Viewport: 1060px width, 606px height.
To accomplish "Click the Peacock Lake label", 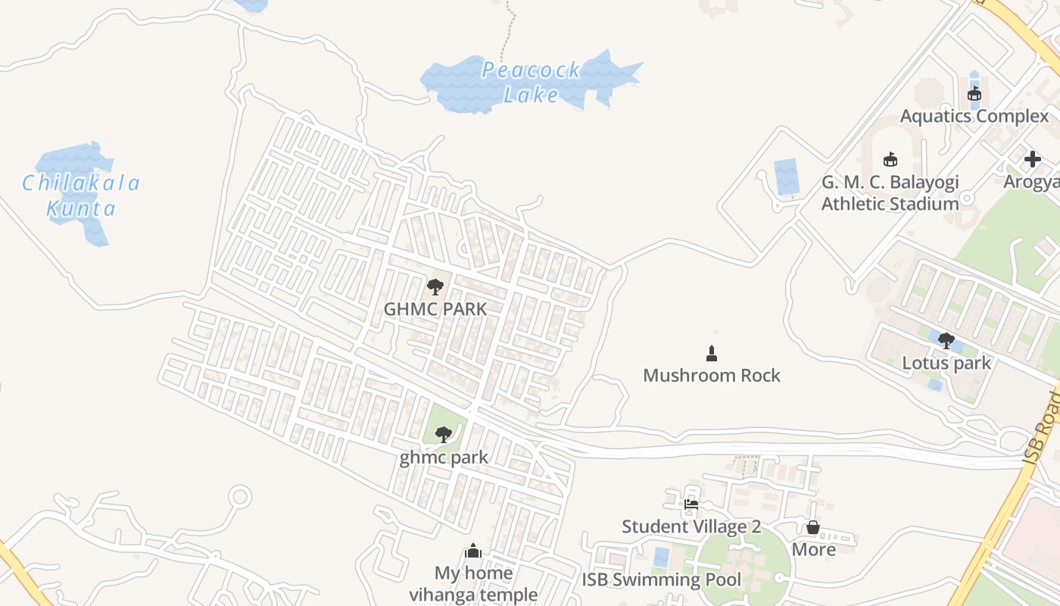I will [x=531, y=83].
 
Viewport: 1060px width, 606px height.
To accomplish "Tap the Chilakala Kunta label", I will [x=81, y=195].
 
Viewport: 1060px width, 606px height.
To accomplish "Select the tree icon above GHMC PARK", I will [x=435, y=286].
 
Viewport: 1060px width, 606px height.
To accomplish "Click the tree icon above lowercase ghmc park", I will [x=444, y=434].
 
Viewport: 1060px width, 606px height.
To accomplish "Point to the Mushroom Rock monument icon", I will [x=711, y=353].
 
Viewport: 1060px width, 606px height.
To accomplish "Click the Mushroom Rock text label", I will [x=711, y=376].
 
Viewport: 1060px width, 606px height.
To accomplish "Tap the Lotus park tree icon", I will [x=946, y=341].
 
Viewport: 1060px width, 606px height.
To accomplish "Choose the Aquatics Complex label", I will [x=974, y=117].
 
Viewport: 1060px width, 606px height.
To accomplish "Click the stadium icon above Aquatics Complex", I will [x=974, y=95].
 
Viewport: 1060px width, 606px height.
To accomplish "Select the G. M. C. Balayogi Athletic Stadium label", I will [x=890, y=193].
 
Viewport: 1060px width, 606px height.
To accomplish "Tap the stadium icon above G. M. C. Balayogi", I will [x=890, y=160].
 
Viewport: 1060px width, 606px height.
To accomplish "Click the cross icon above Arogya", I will [x=1032, y=159].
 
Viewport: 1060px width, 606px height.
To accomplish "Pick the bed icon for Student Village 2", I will [x=691, y=504].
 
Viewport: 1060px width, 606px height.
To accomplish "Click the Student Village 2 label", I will [x=691, y=526].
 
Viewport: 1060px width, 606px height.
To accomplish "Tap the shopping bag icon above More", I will [x=813, y=527].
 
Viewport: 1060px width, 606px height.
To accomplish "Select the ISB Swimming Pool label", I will [x=661, y=580].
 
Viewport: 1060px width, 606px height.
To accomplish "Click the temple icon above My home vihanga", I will [x=473, y=551].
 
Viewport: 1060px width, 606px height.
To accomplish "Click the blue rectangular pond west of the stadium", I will [x=787, y=177].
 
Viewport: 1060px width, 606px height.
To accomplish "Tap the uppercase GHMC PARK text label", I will [x=435, y=310].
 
